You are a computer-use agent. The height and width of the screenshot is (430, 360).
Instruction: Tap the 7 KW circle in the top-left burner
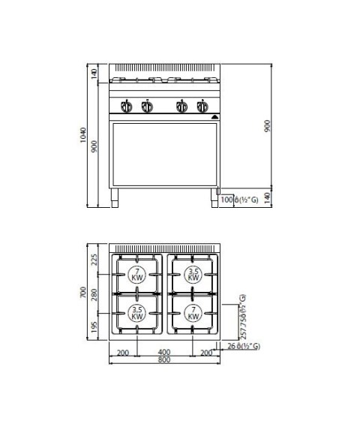(x=136, y=274)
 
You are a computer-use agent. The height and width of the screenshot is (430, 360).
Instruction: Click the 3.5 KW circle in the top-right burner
(x=193, y=274)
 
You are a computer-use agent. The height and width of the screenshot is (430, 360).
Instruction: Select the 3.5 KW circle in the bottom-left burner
(x=136, y=313)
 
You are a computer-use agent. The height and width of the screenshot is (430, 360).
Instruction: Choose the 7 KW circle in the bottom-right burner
(x=193, y=313)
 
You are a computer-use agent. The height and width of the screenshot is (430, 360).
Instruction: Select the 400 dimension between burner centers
(x=164, y=351)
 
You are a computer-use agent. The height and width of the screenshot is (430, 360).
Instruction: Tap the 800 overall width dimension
(x=164, y=360)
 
